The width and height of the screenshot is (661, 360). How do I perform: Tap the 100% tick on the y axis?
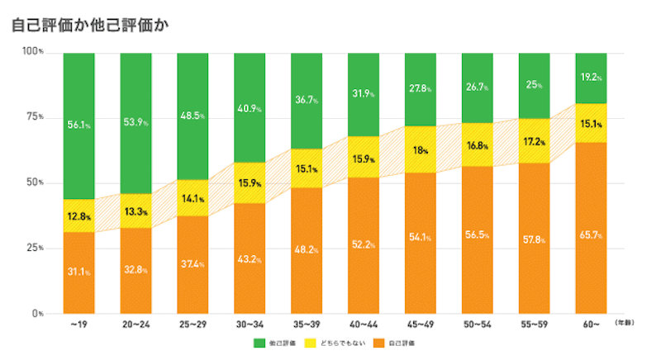click(x=32, y=53)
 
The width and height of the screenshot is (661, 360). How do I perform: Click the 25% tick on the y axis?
click(x=34, y=249)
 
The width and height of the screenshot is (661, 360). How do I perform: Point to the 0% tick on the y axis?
click(x=37, y=314)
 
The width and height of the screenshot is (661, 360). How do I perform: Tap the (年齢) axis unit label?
click(x=625, y=324)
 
